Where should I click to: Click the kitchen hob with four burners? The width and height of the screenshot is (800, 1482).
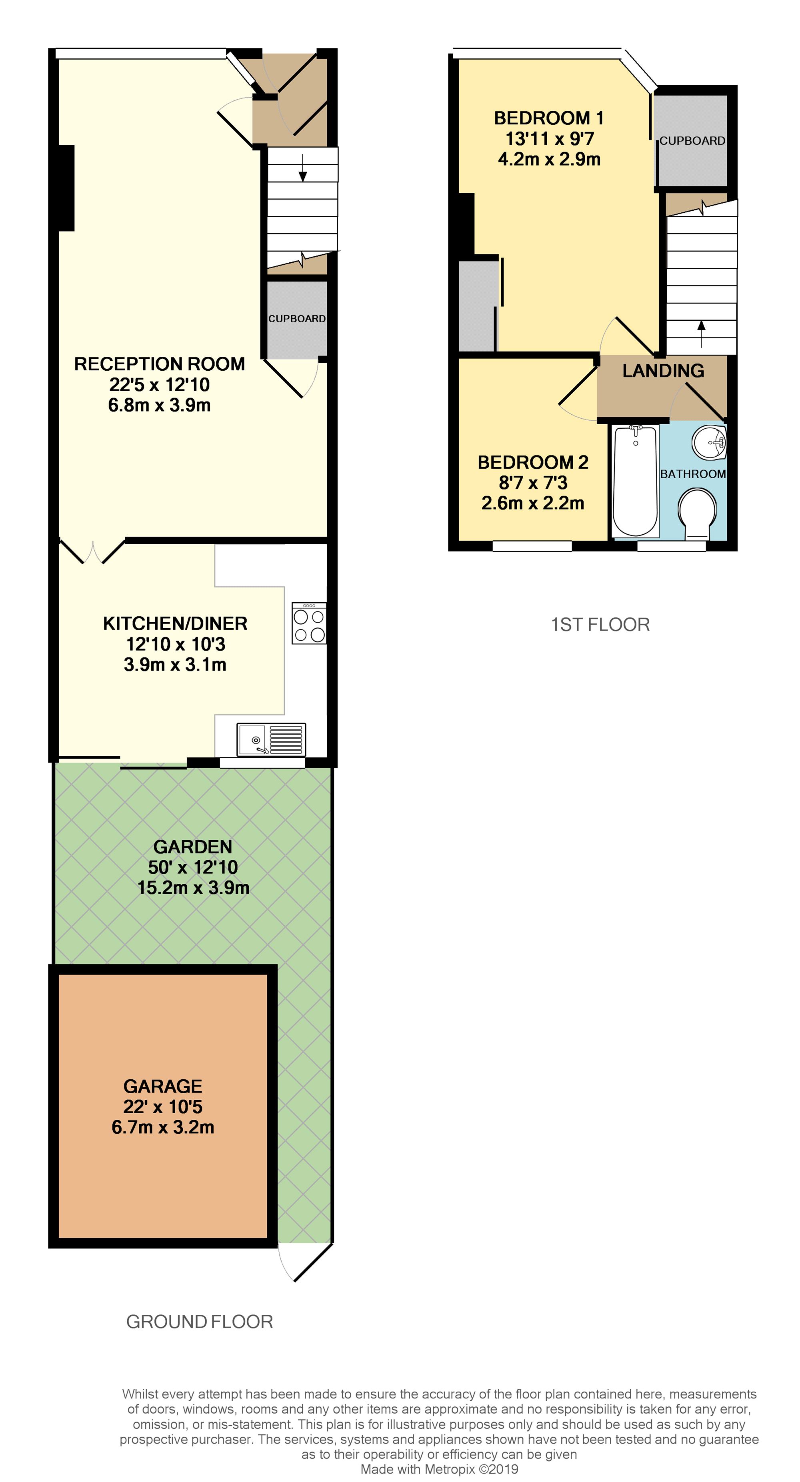coord(309,623)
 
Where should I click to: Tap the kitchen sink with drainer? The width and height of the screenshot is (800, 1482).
coord(271,739)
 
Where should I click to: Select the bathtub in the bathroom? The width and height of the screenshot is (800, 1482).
coord(635,481)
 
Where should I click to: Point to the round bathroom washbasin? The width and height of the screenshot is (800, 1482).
coord(710,442)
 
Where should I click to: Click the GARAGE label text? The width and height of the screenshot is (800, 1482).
coord(163,1086)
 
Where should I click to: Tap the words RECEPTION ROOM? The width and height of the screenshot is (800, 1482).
coord(160,364)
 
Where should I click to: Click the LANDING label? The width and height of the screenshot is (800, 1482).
coord(663,370)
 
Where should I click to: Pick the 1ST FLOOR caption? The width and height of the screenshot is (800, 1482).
coord(600,624)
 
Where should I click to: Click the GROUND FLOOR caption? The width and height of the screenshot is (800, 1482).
coord(199,1322)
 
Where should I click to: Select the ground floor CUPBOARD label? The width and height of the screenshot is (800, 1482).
coord(297,319)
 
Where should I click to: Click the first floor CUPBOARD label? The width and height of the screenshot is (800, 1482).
coord(692,140)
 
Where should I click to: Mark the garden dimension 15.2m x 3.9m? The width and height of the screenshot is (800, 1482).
coord(193,887)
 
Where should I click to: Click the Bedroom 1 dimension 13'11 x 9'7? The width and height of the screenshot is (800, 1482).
coord(550,139)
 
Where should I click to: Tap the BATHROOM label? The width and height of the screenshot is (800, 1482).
coord(693,474)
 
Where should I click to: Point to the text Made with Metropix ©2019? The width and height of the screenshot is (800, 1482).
coord(439,1469)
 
